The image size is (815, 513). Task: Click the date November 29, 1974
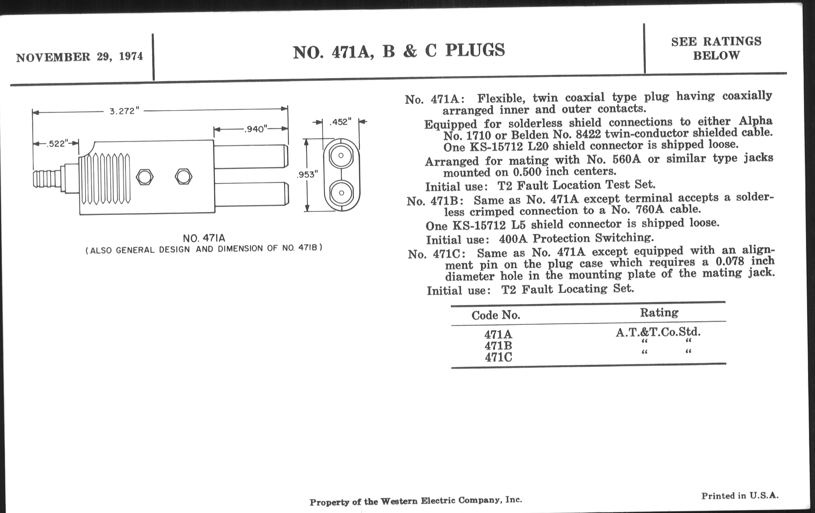(x=79, y=57)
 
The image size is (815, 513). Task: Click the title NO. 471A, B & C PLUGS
(x=398, y=51)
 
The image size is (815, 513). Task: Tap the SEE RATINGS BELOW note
(x=716, y=48)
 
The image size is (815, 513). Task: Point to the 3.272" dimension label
(x=124, y=111)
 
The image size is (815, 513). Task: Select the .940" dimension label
(x=256, y=129)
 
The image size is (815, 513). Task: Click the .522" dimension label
(x=57, y=144)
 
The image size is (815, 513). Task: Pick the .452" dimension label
(x=340, y=122)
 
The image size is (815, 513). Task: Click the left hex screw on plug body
(x=144, y=177)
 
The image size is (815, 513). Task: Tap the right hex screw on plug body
(x=183, y=176)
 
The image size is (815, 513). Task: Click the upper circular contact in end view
(x=341, y=156)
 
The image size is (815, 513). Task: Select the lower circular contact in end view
(x=341, y=193)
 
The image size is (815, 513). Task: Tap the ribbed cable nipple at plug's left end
(x=47, y=179)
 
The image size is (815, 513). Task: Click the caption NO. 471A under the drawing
(x=204, y=238)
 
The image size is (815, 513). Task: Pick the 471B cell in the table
(x=498, y=346)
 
